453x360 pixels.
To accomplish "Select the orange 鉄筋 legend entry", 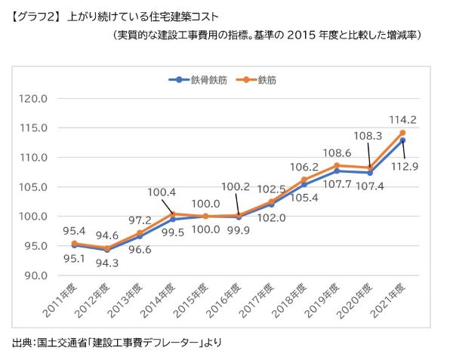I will [x=261, y=79].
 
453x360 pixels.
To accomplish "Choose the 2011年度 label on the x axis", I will [x=63, y=299].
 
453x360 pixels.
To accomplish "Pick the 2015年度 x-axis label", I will [x=194, y=299].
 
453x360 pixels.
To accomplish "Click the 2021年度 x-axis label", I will [x=391, y=299].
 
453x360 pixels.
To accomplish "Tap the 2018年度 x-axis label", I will [x=293, y=299].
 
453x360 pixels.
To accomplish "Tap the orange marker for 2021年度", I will [x=403, y=133].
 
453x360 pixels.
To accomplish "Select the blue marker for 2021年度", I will [x=403, y=140].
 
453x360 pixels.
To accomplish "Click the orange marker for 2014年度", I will [x=173, y=214].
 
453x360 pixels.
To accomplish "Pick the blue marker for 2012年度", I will [x=107, y=250].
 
